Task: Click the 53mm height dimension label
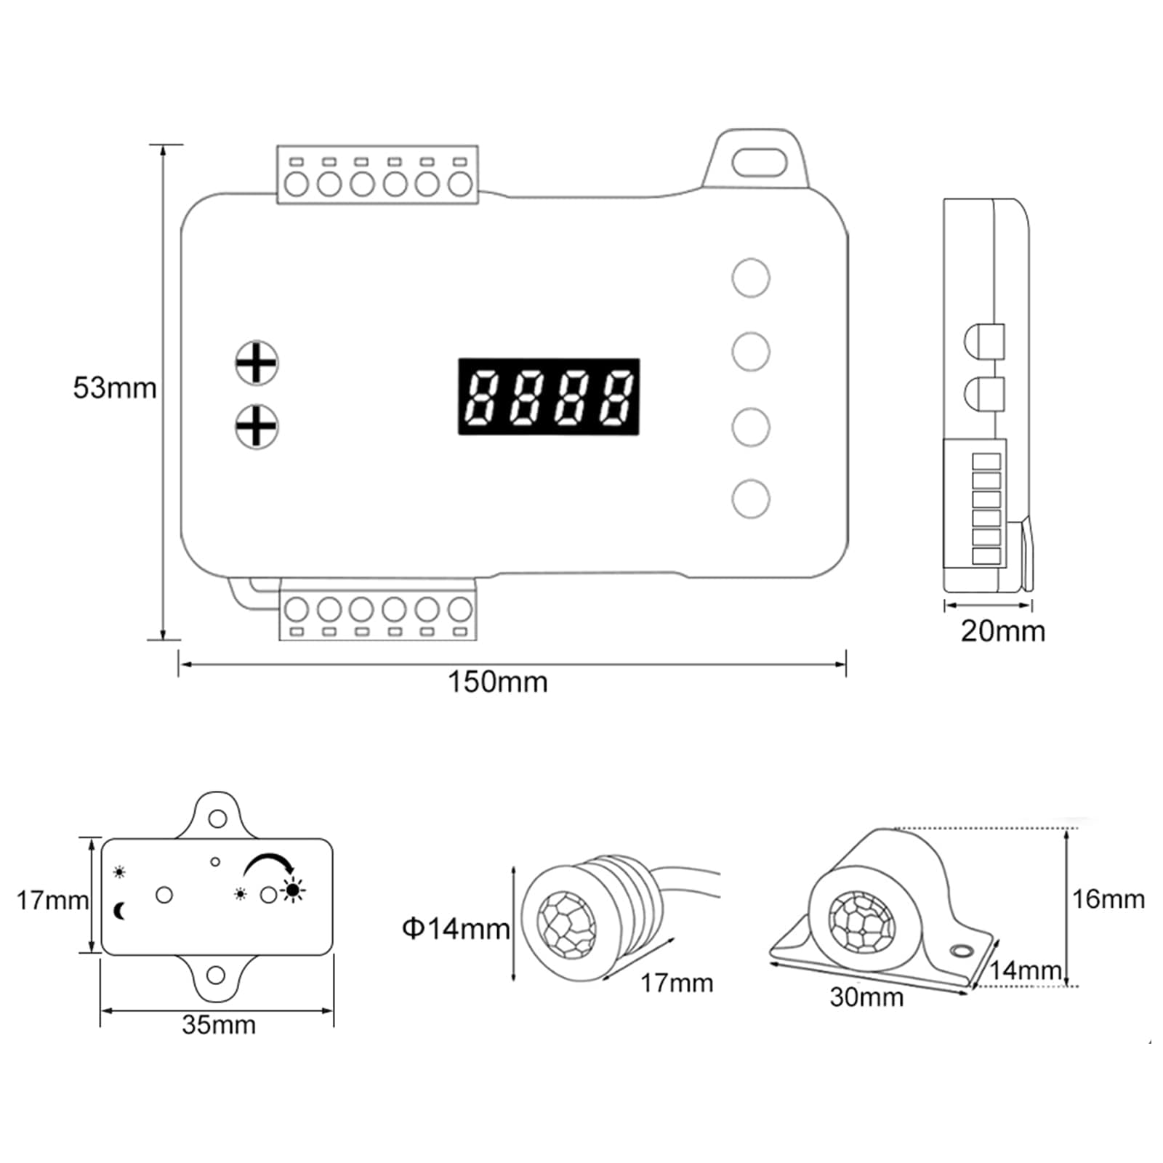click(x=115, y=388)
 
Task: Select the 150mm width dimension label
click(x=497, y=683)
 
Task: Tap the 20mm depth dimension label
click(x=1002, y=631)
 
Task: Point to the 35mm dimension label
click(x=219, y=1025)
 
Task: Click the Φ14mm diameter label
click(x=456, y=928)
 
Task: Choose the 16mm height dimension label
click(x=1108, y=899)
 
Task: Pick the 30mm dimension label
click(x=866, y=997)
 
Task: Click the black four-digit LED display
click(x=549, y=397)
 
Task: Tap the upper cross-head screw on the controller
click(x=257, y=363)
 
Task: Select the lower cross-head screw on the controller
click(x=257, y=427)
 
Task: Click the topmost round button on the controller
click(x=751, y=278)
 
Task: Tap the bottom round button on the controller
click(x=751, y=499)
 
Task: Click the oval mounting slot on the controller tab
click(x=760, y=162)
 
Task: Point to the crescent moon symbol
click(x=120, y=910)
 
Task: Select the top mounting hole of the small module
click(x=217, y=819)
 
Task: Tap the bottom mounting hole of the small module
click(x=216, y=975)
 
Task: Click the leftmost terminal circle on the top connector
click(x=297, y=184)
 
